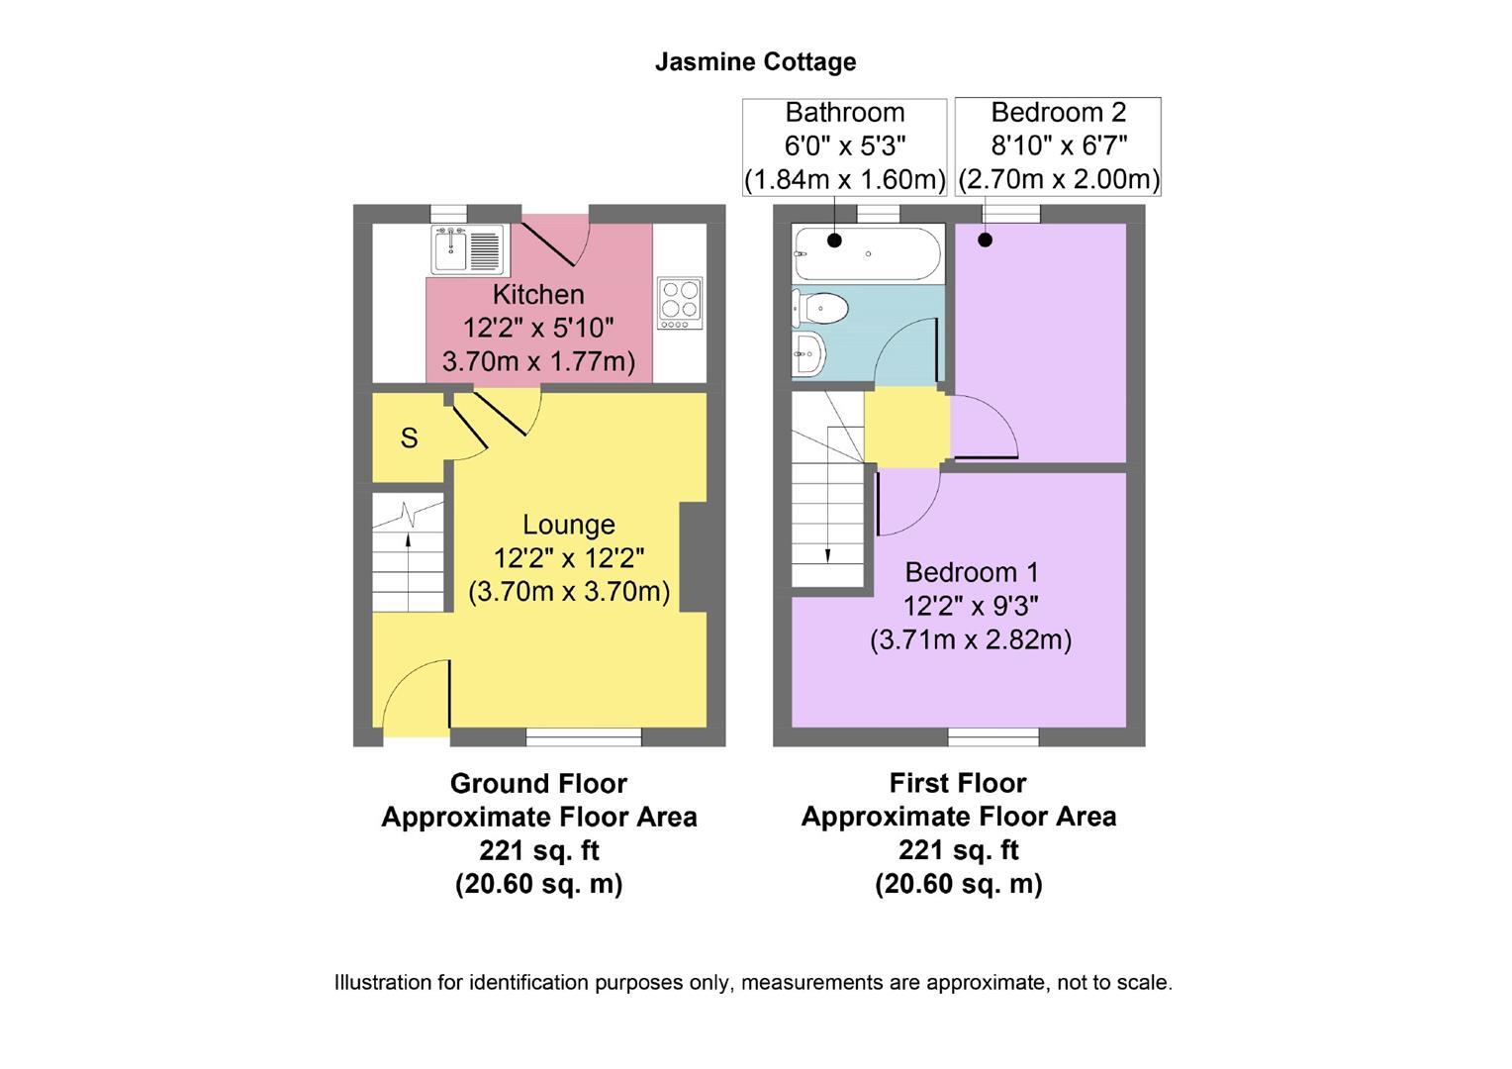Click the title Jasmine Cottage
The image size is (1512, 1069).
(x=755, y=61)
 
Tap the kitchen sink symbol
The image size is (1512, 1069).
(x=468, y=250)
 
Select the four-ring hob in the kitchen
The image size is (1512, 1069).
(x=680, y=304)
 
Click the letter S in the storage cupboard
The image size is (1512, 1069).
(x=409, y=437)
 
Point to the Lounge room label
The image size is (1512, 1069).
(x=568, y=525)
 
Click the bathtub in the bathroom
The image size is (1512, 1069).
(x=867, y=254)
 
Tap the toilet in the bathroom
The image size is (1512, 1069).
(x=821, y=308)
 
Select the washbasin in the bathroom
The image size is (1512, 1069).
(x=809, y=351)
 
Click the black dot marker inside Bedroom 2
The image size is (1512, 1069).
(x=985, y=240)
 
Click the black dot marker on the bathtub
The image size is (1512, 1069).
(x=834, y=240)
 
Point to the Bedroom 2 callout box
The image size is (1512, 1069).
(x=1058, y=146)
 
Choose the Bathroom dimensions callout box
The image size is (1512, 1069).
(x=844, y=146)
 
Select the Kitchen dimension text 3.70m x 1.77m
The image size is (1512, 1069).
(x=538, y=361)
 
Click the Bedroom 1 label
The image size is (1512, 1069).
(x=971, y=572)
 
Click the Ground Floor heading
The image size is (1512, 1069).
(x=538, y=783)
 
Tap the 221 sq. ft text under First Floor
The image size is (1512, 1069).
(x=958, y=850)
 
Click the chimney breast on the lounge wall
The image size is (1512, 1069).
(x=693, y=557)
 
